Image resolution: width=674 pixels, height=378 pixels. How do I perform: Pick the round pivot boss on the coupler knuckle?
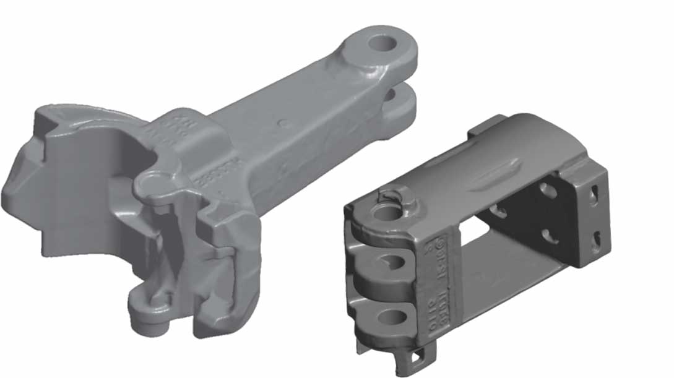pos(150,183)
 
